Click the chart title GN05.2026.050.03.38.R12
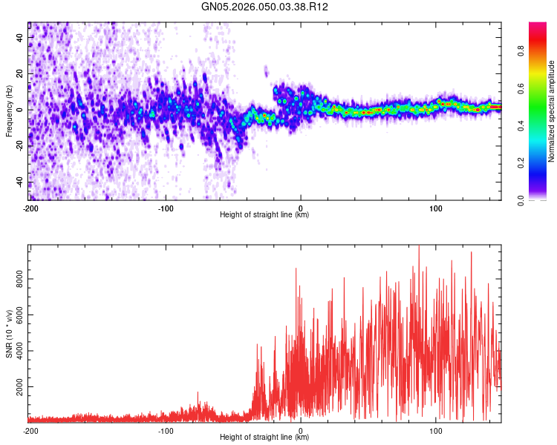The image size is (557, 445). pos(265,7)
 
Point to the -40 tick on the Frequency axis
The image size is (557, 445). pos(19,182)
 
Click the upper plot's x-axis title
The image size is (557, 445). pos(264,215)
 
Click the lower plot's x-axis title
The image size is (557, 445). pos(264,437)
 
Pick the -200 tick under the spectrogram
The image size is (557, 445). pos(30,207)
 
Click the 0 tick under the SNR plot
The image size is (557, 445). pos(301,429)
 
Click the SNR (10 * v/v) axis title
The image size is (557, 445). pos(8,334)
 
